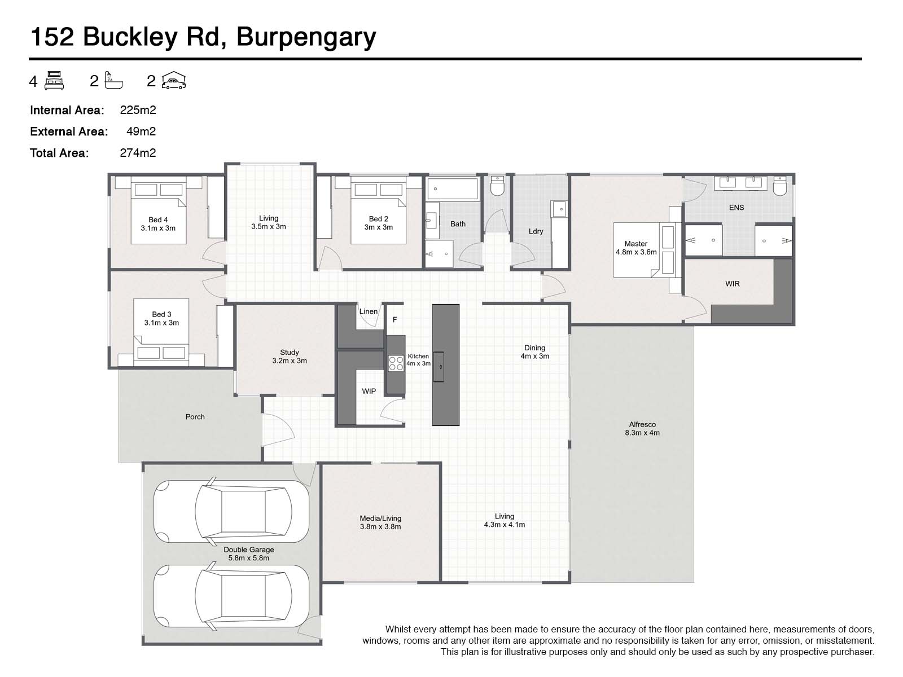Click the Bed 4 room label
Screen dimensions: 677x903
click(x=158, y=224)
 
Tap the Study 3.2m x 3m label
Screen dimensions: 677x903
click(x=290, y=357)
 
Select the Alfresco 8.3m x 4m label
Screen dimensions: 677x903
click(x=642, y=429)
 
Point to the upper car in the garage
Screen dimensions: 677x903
click(x=231, y=512)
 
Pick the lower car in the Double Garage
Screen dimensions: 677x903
click(x=231, y=596)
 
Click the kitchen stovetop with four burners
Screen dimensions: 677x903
click(x=396, y=363)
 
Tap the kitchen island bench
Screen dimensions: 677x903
click(x=445, y=364)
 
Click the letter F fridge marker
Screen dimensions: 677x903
click(x=395, y=320)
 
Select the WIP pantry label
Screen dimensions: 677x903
click(x=369, y=391)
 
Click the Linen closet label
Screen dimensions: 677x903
click(x=369, y=311)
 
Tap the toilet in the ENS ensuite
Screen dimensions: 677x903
click(x=779, y=186)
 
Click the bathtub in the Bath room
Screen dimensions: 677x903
click(x=452, y=188)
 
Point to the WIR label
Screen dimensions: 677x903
click(x=732, y=284)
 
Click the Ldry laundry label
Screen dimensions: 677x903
click(x=536, y=231)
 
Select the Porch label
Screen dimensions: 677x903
click(x=195, y=417)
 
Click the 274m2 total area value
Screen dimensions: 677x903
click(x=138, y=153)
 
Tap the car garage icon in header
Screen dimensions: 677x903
click(x=174, y=81)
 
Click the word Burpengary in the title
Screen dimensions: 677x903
click(x=306, y=37)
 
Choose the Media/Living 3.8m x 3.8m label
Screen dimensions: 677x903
click(x=380, y=522)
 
